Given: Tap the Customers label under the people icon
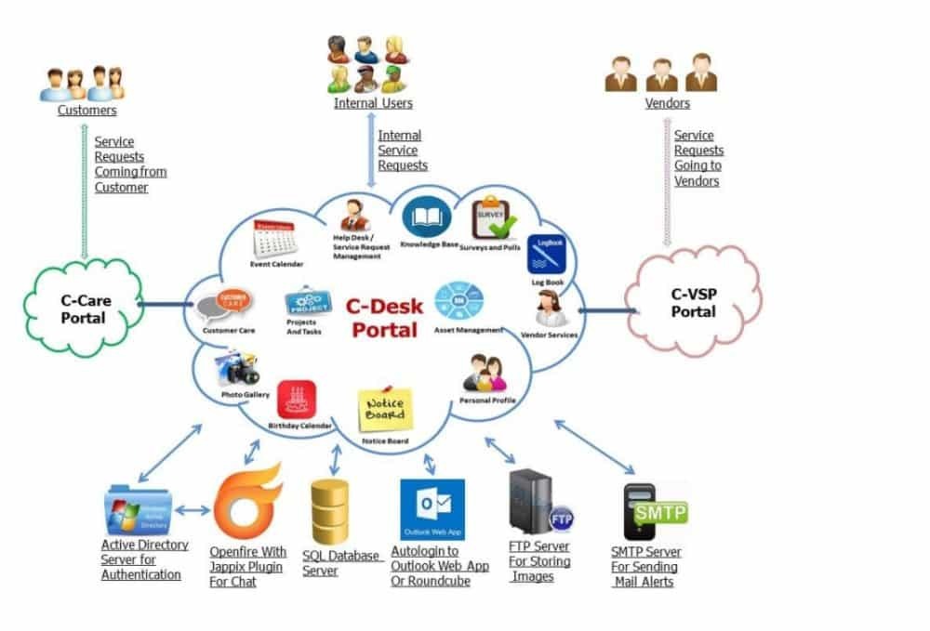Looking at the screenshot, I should pos(86,110).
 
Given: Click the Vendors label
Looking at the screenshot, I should pos(667,103).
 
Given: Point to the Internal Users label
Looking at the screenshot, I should pos(373,103).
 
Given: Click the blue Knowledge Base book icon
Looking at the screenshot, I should pos(427,218).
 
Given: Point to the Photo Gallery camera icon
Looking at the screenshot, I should pos(238,369).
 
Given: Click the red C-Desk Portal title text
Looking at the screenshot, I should pos(382,316).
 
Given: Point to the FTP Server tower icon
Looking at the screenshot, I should pos(535,503).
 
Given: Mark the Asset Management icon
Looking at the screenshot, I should pos(459,302).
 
